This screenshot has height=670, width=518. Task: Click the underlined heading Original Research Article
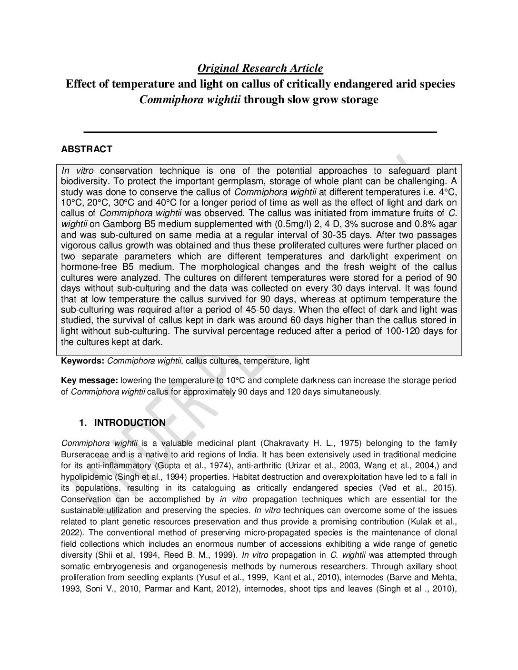click(260, 69)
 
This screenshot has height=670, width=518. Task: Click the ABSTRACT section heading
click(87, 149)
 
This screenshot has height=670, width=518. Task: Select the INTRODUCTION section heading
click(130, 423)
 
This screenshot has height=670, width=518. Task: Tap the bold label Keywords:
click(82, 361)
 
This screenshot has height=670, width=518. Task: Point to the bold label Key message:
click(90, 380)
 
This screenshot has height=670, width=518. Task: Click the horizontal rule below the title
click(260, 132)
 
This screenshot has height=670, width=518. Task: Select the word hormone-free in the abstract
click(90, 267)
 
